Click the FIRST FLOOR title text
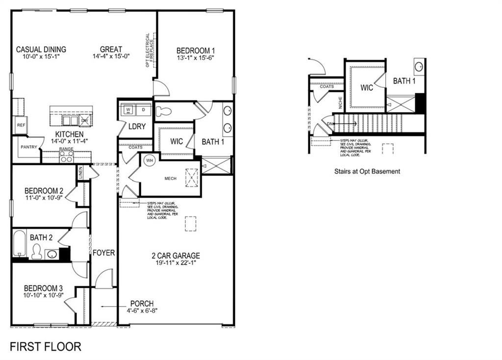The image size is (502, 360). coord(46,347)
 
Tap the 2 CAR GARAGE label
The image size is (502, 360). coord(175,256)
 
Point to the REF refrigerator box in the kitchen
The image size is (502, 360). coord(21,125)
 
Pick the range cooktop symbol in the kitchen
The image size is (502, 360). coord(66,156)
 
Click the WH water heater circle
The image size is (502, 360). coord(150,160)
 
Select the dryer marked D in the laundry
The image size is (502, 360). coord(144,109)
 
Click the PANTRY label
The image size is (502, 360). coord(28,147)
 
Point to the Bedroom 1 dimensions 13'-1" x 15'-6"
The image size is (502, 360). coord(196,57)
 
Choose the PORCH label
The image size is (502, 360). coord(142,304)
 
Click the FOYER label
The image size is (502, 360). coord(104,253)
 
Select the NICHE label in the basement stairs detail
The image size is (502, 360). coord(341,102)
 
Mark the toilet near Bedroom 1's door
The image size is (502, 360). coord(164,111)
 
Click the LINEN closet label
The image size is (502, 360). coord(80,172)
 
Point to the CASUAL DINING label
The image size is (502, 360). coord(41,50)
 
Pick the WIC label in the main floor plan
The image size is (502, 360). coord(176,141)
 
